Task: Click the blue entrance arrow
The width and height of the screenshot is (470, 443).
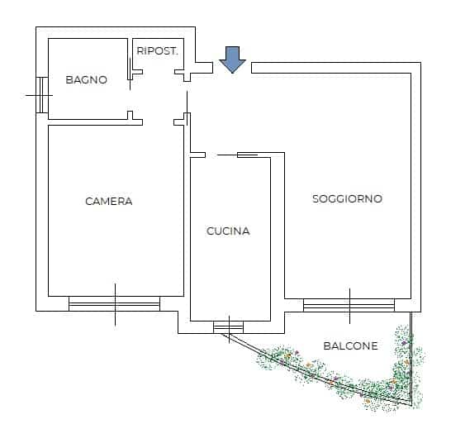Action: (233, 60)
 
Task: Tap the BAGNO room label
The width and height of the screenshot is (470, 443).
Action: (87, 80)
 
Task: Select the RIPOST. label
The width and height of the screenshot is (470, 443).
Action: (158, 51)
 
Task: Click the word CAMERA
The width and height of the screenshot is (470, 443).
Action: (109, 202)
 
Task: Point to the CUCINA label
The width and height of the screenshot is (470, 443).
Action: (228, 231)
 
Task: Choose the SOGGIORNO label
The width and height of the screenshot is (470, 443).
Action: (348, 199)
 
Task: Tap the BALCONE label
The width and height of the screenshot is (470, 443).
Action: (350, 345)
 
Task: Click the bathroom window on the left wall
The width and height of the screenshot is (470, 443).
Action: (42, 95)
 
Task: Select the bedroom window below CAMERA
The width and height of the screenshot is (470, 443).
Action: (115, 304)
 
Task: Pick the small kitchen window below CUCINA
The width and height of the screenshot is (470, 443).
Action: (229, 327)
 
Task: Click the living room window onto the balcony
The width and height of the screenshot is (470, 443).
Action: (349, 305)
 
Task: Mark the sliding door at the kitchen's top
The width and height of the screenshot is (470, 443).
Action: (237, 155)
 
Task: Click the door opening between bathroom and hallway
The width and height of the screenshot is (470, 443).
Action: (130, 92)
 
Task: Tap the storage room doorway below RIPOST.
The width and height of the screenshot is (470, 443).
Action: (159, 72)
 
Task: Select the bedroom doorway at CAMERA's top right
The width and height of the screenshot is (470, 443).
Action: (159, 122)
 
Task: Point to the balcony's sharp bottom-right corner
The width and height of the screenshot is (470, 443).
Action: (411, 406)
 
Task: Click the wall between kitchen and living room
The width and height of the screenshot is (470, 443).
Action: (278, 228)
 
